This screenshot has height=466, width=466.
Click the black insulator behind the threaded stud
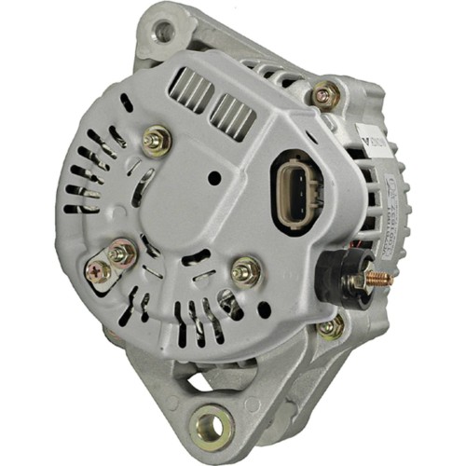351,276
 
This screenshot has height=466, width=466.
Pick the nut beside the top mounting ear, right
323,93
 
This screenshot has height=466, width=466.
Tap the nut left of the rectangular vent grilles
156,142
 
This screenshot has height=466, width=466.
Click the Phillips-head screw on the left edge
98,271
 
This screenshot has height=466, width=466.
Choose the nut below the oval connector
247,270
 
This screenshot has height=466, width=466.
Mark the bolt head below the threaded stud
329,326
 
